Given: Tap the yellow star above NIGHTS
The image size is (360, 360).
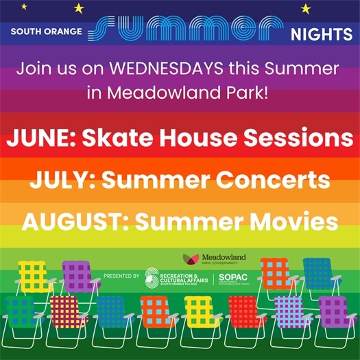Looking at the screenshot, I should [x=306, y=8].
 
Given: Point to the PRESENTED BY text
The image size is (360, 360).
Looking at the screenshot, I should [x=121, y=276].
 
